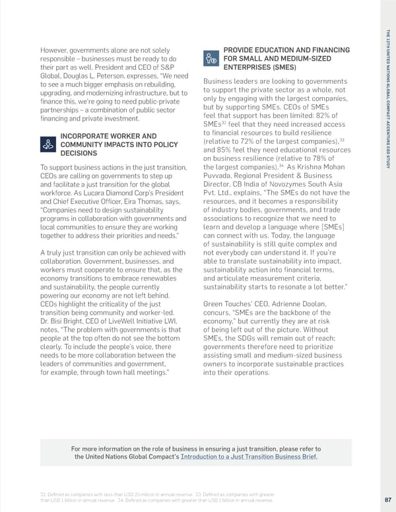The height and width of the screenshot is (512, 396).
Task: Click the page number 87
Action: tap(387, 499)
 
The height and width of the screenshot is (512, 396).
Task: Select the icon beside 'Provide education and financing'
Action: tap(210, 58)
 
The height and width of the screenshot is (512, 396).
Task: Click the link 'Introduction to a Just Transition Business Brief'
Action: tap(249, 457)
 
